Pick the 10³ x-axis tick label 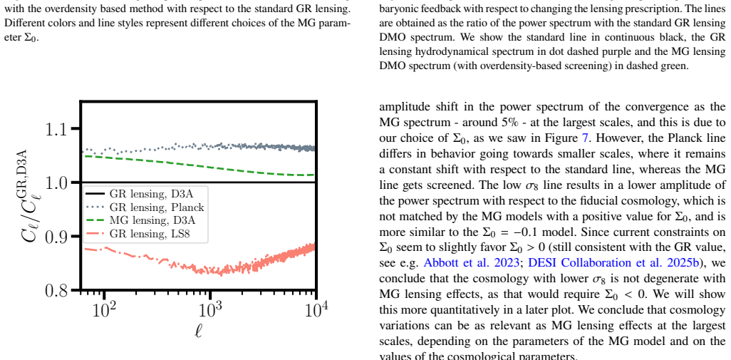[x=211, y=309]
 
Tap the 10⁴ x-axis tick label [x=316, y=309]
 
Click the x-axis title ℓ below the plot [x=199, y=333]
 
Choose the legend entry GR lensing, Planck [x=145, y=207]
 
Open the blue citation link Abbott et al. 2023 [x=472, y=262]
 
